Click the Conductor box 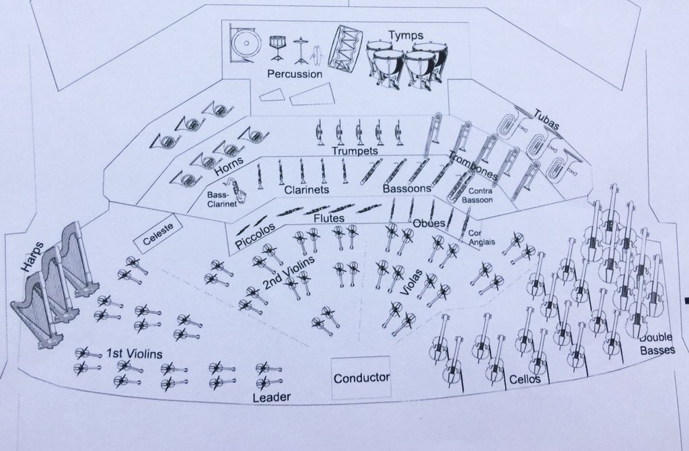tap(361, 378)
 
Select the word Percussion tap(295, 73)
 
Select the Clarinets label tap(306, 190)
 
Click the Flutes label tap(329, 219)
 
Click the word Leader tap(271, 397)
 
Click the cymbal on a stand tap(300, 47)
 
